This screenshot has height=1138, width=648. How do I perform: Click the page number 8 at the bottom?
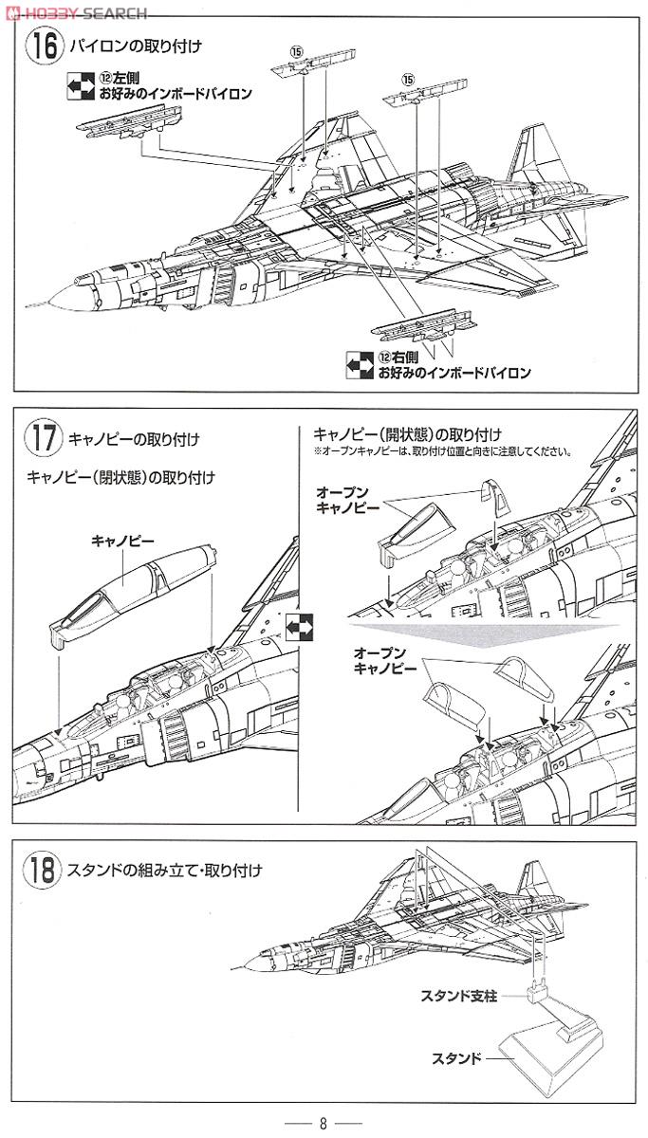323,1124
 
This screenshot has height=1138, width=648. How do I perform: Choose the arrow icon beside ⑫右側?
359,364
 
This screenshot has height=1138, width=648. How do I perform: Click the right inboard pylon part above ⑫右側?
421,329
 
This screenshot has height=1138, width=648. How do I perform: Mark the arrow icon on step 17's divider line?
298,625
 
